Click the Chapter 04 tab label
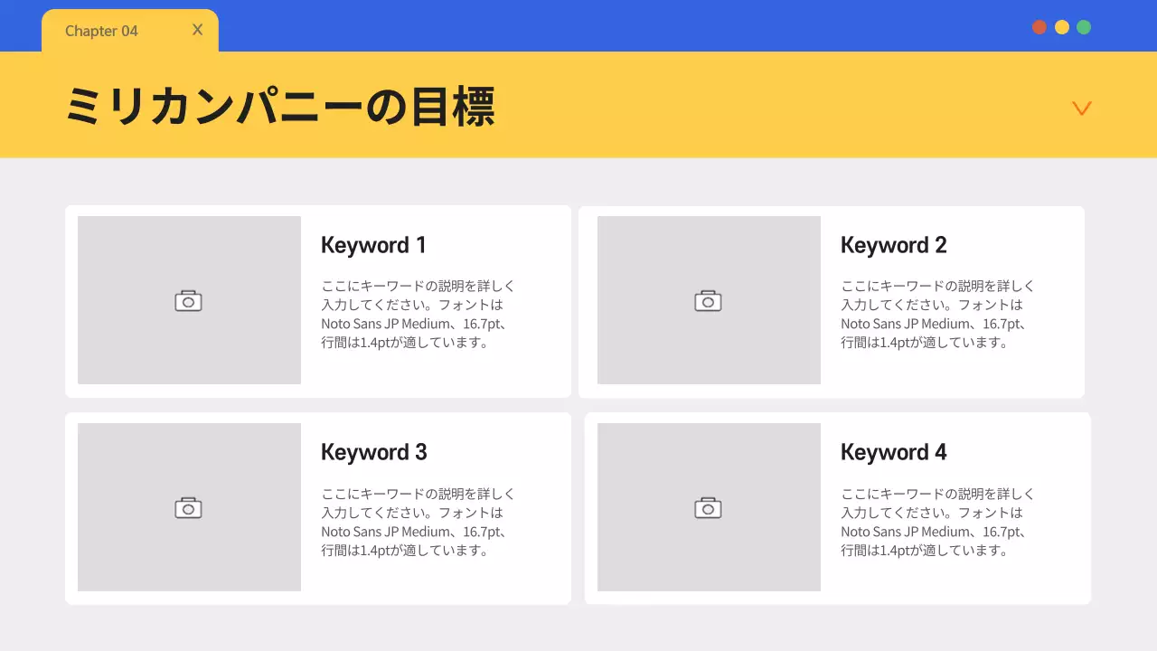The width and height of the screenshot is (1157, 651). click(x=101, y=32)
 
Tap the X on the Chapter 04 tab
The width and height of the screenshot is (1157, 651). click(x=198, y=30)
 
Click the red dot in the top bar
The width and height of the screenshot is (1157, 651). click(x=1039, y=27)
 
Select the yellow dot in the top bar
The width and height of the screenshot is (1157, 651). click(x=1062, y=27)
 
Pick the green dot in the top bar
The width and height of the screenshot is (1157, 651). click(x=1084, y=27)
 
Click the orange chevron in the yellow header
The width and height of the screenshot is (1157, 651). click(x=1081, y=108)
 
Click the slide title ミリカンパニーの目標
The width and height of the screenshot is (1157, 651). click(x=280, y=107)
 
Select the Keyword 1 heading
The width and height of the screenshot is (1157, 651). click(x=373, y=245)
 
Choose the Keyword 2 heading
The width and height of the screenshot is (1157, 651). click(x=893, y=245)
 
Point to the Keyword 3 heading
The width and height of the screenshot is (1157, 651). click(x=373, y=452)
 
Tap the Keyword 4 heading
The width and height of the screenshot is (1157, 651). click(x=893, y=452)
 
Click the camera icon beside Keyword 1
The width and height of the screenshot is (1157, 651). click(x=188, y=301)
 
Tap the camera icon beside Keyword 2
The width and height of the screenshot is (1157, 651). click(x=708, y=301)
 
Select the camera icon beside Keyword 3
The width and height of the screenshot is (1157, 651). click(x=188, y=508)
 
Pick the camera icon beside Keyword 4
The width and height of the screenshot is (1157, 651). click(x=708, y=508)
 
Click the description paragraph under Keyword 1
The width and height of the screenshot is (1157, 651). click(x=419, y=315)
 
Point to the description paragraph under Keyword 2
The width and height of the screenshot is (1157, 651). click(x=937, y=315)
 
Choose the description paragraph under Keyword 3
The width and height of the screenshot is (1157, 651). click(x=419, y=522)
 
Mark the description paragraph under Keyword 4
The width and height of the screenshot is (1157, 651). click(x=937, y=522)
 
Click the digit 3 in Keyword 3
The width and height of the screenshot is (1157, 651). click(x=420, y=452)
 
